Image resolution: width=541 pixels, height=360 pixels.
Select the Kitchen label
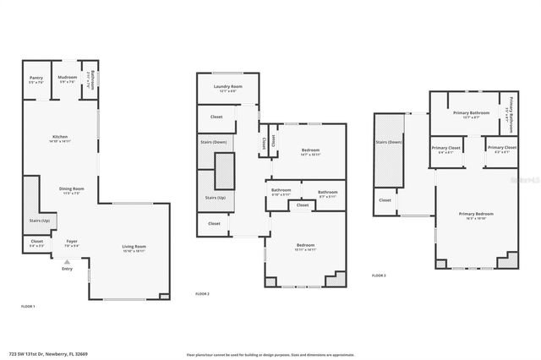(60, 139)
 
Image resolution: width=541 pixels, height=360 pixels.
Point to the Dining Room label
(71, 191)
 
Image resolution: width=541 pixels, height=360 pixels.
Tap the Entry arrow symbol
(67, 261)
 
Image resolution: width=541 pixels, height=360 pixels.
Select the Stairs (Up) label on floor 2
(216, 198)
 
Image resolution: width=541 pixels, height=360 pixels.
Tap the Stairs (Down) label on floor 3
(390, 143)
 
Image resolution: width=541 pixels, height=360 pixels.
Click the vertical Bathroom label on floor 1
(88, 79)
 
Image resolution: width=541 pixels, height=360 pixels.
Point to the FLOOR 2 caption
(202, 293)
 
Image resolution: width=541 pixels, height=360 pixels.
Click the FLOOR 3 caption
(379, 275)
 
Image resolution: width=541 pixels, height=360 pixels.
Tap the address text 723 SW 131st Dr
(41, 342)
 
